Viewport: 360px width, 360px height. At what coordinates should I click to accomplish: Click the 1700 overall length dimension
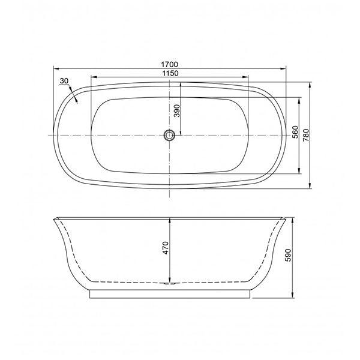(x=170, y=62)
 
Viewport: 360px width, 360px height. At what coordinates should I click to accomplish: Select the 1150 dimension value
(x=170, y=72)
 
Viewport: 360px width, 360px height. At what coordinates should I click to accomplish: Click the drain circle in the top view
(x=170, y=136)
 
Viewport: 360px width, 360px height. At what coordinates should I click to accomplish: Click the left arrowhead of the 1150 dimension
(x=92, y=77)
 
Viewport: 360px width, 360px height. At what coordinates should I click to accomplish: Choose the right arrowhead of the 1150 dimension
(x=248, y=77)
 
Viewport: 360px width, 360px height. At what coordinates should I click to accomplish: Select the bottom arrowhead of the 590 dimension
(x=292, y=295)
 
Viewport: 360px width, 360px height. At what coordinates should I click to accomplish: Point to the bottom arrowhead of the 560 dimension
(x=300, y=173)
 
